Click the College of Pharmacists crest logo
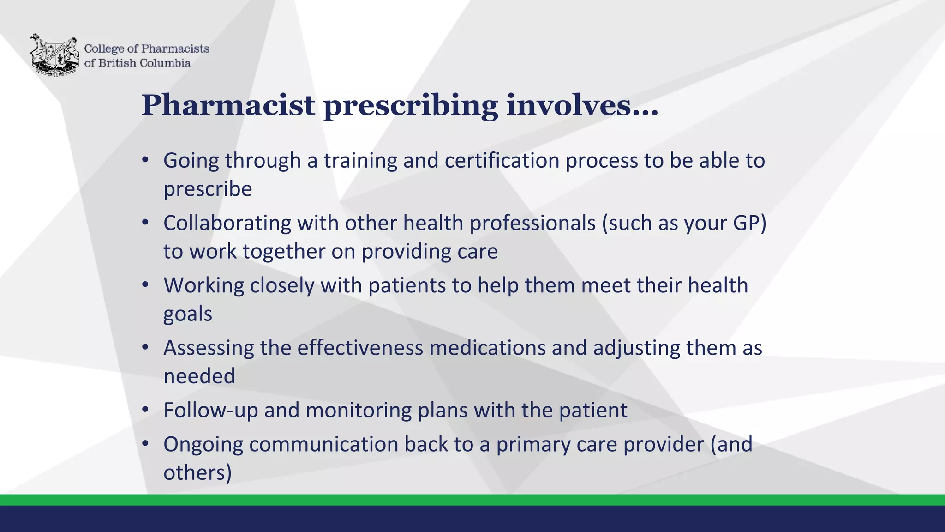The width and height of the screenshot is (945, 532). (x=54, y=54)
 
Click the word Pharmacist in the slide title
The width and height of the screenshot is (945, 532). (x=228, y=105)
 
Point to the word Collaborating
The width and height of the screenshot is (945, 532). (x=227, y=223)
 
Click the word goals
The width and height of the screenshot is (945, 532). (x=188, y=314)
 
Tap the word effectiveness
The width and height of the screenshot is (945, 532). (x=360, y=348)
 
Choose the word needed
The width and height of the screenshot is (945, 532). (x=199, y=376)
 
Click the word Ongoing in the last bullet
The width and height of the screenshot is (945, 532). (x=203, y=445)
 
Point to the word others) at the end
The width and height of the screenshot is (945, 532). (x=197, y=473)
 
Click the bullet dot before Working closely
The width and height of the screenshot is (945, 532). (x=145, y=285)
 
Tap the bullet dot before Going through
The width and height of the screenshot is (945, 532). (x=145, y=160)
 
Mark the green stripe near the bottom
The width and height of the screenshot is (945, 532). (x=472, y=500)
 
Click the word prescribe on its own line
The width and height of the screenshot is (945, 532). (x=208, y=189)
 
